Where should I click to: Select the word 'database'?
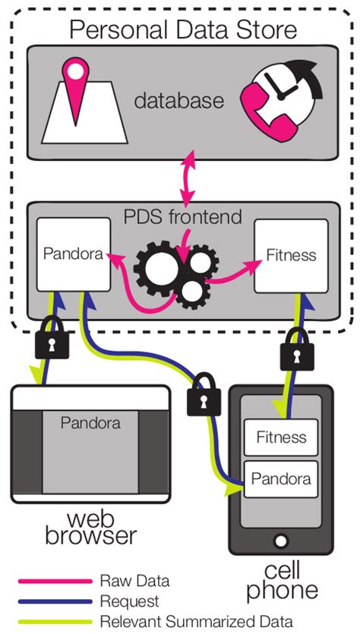(179, 101)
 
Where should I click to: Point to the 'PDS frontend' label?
(182, 217)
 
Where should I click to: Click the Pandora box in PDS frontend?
(72, 255)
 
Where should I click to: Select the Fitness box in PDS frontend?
(291, 256)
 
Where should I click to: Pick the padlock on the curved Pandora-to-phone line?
(203, 395)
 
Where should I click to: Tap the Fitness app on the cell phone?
(280, 437)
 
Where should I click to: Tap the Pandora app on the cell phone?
(280, 479)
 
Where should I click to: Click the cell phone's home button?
(280, 542)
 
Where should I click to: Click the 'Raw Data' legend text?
(134, 582)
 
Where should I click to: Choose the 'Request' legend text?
(129, 601)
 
